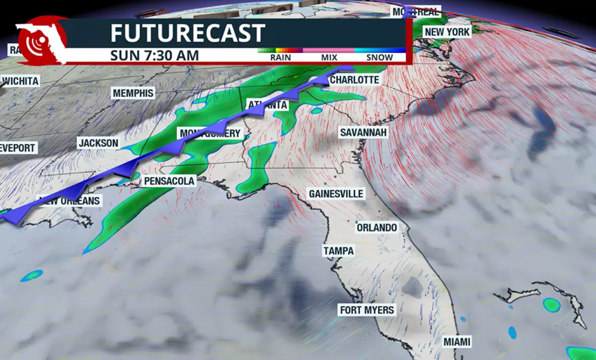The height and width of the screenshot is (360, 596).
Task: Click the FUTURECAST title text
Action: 187,33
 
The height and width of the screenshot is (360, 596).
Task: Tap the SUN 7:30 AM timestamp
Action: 154,55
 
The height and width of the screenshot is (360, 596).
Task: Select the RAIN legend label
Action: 281,57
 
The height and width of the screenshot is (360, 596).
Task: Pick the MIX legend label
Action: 329,57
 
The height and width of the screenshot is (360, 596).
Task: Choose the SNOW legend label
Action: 379,57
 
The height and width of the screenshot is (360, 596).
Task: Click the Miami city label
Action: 457,342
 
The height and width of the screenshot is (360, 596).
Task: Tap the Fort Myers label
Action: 367,310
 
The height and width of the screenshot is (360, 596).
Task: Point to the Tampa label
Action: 339,251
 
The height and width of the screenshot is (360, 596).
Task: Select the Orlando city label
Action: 377,227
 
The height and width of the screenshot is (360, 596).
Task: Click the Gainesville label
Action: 336,194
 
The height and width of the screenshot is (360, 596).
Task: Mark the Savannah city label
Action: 363,132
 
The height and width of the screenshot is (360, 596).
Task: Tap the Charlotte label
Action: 355,80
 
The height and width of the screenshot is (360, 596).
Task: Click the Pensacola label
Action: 169,181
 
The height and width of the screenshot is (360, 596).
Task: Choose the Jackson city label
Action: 98,144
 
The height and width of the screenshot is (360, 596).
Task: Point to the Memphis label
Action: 134,93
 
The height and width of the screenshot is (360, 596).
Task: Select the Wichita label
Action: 20,81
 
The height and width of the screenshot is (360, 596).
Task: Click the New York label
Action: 447,32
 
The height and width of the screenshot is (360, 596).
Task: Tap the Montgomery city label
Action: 211,134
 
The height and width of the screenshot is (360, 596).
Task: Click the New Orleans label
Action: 70,201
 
